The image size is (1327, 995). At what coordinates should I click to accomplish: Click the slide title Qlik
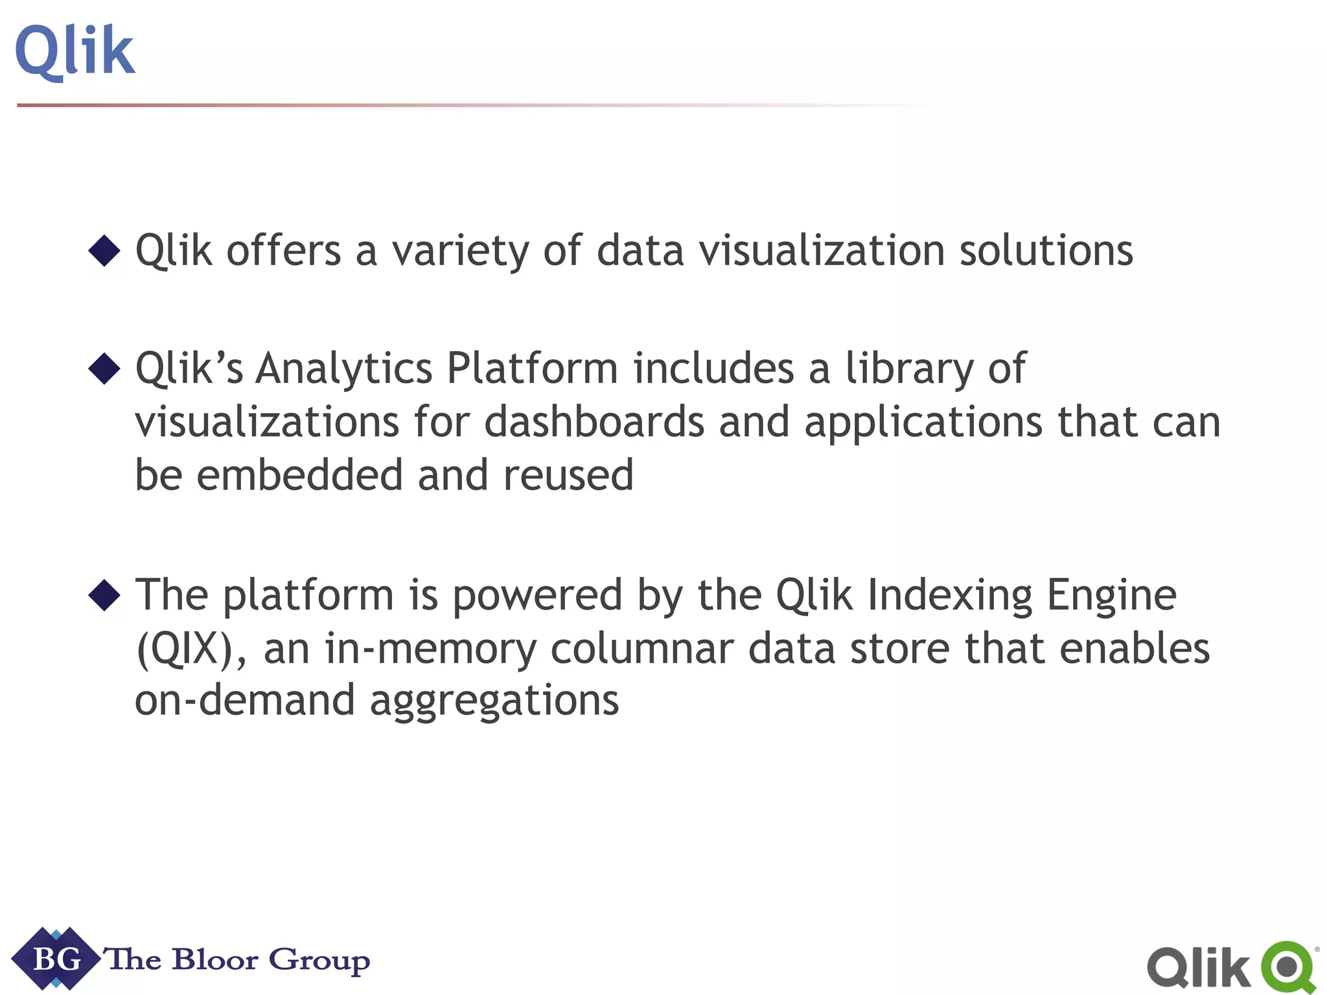click(75, 52)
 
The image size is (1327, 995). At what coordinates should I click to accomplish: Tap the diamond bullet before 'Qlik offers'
click(104, 251)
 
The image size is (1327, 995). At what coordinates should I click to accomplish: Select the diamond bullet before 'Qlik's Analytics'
click(104, 369)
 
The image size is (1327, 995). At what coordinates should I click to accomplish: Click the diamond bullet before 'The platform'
click(104, 595)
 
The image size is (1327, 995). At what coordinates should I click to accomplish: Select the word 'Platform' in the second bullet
click(532, 369)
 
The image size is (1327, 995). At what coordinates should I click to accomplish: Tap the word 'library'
click(909, 370)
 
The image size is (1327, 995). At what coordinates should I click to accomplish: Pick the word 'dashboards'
click(594, 422)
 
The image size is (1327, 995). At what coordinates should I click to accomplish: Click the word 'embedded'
click(299, 475)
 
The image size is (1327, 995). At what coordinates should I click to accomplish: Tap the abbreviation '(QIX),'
click(191, 649)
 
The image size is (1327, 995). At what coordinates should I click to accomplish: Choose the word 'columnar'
click(641, 648)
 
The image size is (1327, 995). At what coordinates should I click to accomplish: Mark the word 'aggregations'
click(494, 702)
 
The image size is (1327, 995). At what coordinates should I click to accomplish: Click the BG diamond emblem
click(56, 959)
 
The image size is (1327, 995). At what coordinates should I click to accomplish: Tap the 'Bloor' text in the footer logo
click(214, 959)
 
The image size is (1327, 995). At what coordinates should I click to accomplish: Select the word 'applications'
click(923, 423)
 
